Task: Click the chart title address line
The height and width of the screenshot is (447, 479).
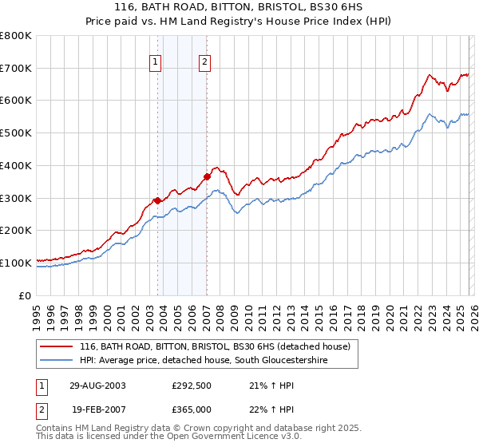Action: (x=239, y=6)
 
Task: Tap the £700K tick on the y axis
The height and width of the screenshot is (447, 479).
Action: (x=16, y=69)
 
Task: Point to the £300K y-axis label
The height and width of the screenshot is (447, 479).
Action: (x=16, y=198)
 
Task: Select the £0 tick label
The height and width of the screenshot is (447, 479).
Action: (x=26, y=295)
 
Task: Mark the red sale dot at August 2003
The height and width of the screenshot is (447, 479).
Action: (x=157, y=200)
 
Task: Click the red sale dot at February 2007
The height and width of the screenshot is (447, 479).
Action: (x=207, y=176)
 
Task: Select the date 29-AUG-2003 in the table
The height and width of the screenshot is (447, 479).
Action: (x=97, y=385)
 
